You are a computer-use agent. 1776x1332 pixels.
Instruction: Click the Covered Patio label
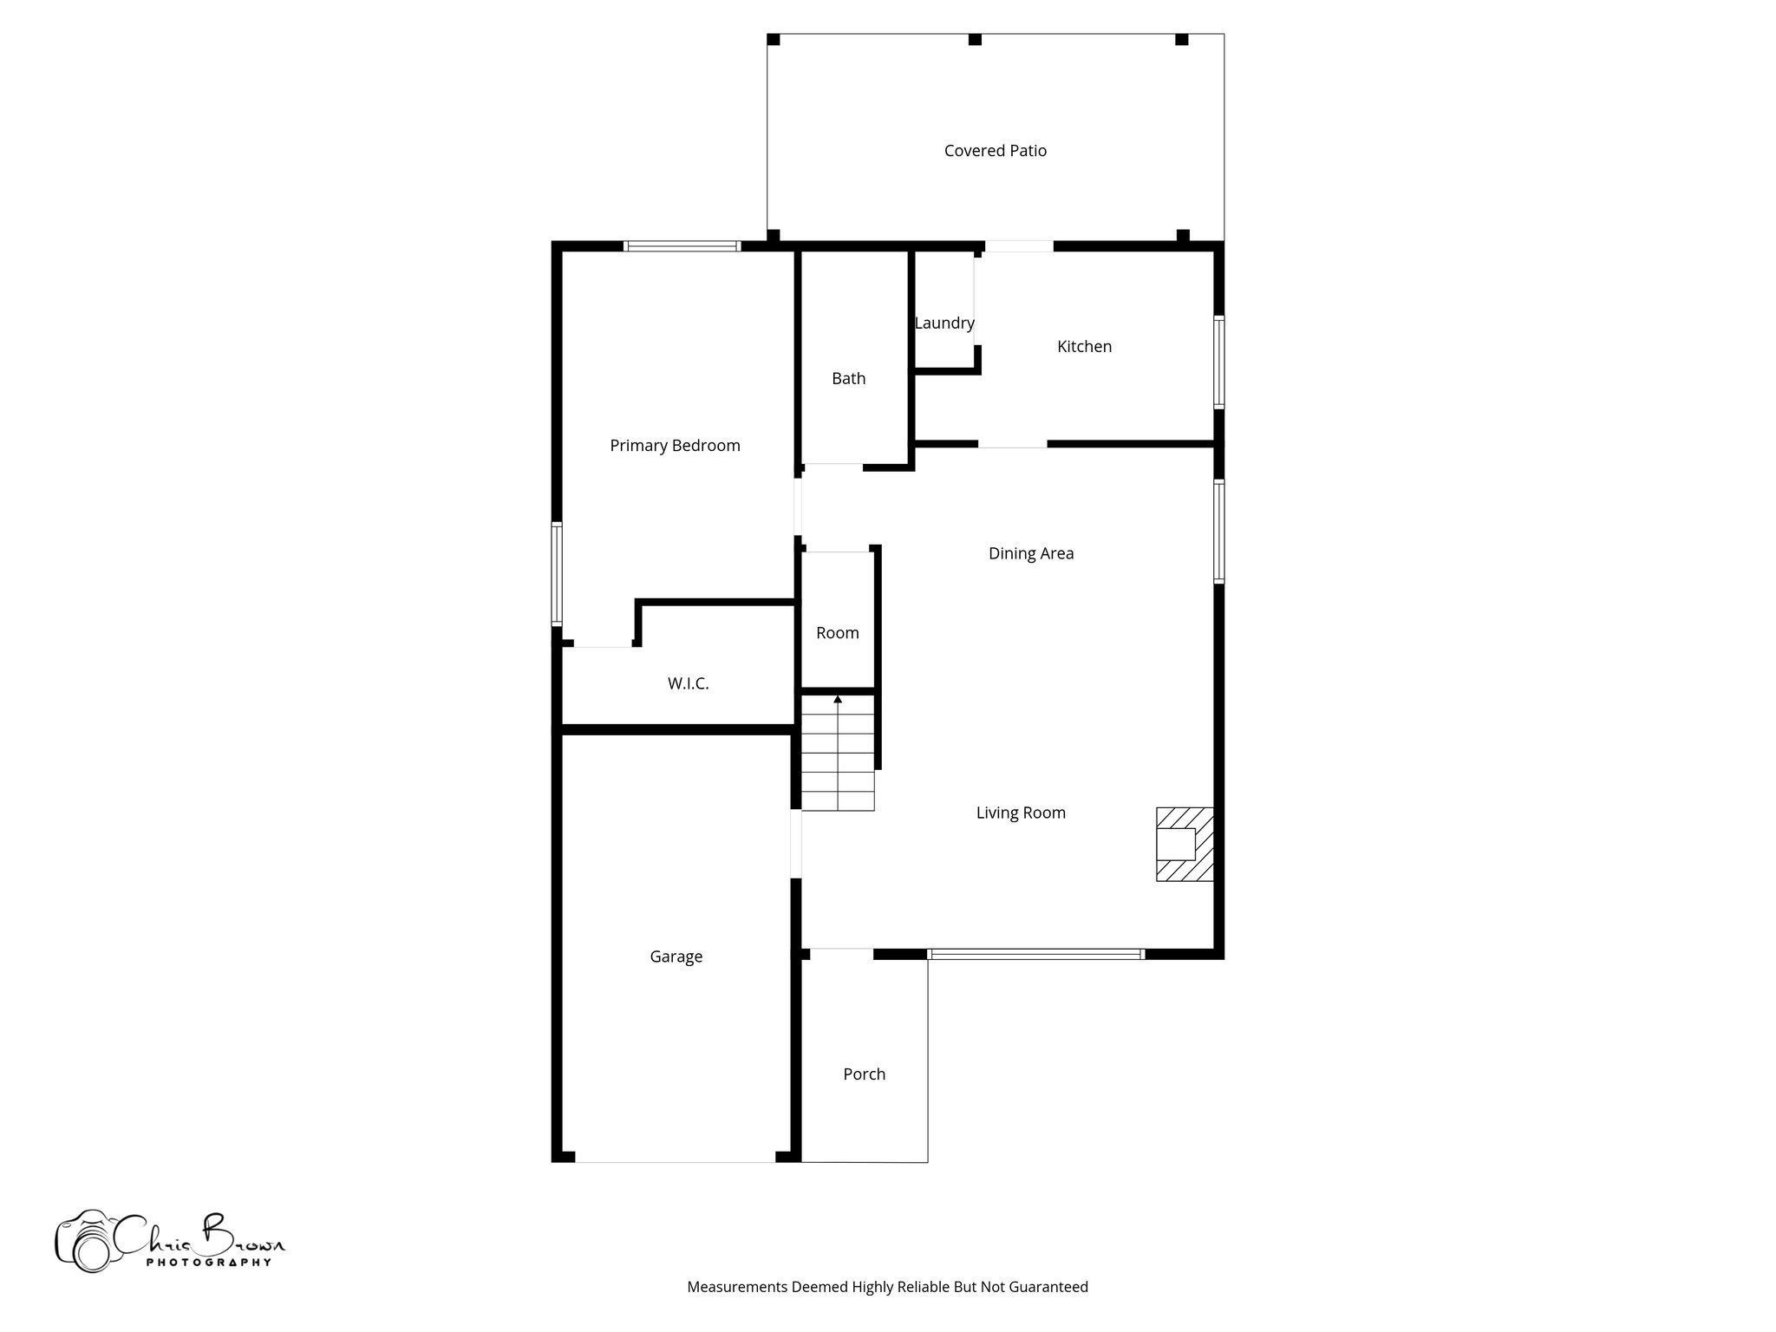(x=995, y=151)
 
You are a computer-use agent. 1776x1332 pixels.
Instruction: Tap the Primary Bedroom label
(x=675, y=446)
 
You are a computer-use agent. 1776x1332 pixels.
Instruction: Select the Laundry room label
(x=944, y=323)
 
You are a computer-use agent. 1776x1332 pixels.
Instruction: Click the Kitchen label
(x=1084, y=347)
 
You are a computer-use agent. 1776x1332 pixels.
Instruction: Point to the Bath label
(x=848, y=379)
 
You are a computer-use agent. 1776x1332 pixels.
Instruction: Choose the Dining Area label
(x=1030, y=553)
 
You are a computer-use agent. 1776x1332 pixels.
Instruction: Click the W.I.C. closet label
(x=688, y=684)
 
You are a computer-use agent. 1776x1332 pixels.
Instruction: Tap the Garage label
(x=676, y=957)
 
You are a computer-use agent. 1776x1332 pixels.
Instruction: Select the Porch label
(x=864, y=1074)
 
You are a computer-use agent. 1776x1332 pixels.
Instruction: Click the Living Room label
(x=1020, y=813)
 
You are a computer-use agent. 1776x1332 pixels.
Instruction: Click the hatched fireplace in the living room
(x=1185, y=845)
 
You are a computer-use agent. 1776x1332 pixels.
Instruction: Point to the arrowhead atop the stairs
(x=838, y=699)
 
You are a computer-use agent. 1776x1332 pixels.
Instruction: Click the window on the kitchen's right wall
(x=1218, y=362)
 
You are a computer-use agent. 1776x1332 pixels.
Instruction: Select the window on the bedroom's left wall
(x=557, y=574)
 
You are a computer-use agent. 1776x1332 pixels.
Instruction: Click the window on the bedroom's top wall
(x=682, y=246)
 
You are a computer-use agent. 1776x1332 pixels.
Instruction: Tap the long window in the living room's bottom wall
(x=1035, y=954)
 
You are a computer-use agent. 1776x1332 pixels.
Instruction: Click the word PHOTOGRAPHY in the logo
(x=208, y=1263)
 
